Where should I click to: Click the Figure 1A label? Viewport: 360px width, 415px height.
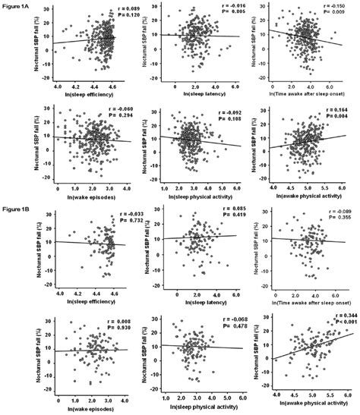(16, 5)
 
